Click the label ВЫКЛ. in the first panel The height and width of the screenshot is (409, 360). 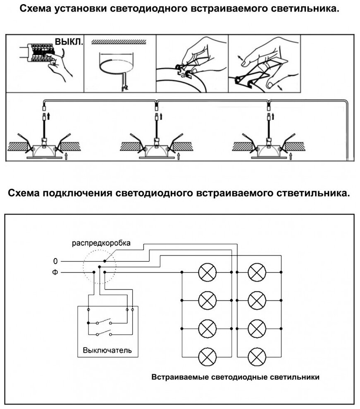pos(69,42)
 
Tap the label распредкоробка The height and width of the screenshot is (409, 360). pos(101,243)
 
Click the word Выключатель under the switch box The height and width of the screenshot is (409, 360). pos(107,350)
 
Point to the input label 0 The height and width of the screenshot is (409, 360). pos(55,261)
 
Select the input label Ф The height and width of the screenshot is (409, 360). pos(55,272)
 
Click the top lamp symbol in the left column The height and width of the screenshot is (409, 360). pos(207,272)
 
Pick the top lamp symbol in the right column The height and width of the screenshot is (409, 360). pos(257,272)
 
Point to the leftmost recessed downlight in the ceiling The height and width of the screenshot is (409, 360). pos(43,150)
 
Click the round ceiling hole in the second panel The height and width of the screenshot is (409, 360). pos(118,64)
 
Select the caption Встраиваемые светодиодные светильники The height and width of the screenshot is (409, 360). pos(236,377)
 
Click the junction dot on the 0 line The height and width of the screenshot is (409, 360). pos(105,261)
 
